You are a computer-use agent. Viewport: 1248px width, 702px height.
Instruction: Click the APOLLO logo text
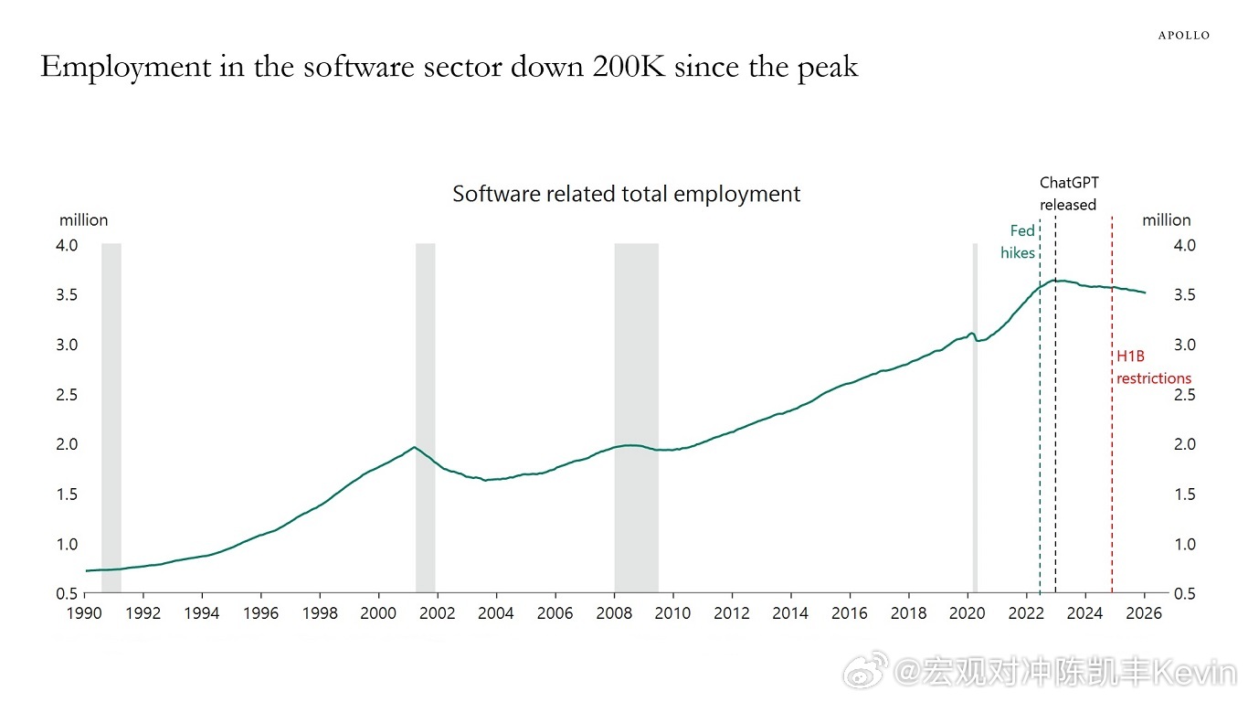click(x=1183, y=36)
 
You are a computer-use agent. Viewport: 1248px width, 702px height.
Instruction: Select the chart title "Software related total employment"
click(x=626, y=194)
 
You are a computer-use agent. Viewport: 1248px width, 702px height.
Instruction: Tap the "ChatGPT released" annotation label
click(x=1068, y=194)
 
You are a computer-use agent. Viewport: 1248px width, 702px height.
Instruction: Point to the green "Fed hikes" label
click(x=1019, y=241)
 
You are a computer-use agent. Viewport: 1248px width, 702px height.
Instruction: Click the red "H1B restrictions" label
click(x=1153, y=367)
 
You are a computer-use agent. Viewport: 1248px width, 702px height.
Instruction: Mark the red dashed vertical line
click(x=1112, y=457)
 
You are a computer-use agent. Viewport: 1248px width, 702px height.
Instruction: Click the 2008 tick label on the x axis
click(x=614, y=613)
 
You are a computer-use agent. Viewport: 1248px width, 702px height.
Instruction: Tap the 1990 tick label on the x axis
click(x=85, y=613)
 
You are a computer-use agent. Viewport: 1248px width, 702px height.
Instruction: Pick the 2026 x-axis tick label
click(x=1144, y=613)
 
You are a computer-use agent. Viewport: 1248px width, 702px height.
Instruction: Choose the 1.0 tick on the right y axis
click(x=1158, y=545)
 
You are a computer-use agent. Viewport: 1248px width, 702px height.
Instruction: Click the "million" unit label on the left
click(x=83, y=220)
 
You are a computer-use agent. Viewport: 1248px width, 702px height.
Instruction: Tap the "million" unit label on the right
click(x=1166, y=220)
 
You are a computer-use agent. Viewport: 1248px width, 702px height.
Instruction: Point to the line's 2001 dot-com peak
click(x=415, y=447)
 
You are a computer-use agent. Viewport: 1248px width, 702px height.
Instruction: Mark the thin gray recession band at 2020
click(x=975, y=457)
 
